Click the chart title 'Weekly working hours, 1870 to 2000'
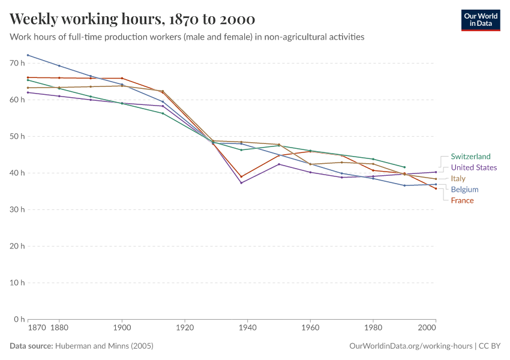[x=132, y=19]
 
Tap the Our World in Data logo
[x=481, y=20]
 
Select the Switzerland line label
[x=470, y=157]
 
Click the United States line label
[x=473, y=167]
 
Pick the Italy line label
[x=458, y=179]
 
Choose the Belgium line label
[x=464, y=190]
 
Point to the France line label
[x=462, y=200]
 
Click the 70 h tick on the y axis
[x=17, y=63]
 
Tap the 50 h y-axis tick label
[x=17, y=136]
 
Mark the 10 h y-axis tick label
[x=17, y=283]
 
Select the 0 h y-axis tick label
[x=19, y=319]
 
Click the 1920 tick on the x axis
[x=185, y=328]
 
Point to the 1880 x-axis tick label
[x=59, y=328]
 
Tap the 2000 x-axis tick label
[x=427, y=328]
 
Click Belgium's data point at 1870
[x=28, y=55]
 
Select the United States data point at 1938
[x=241, y=182]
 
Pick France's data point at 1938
[x=241, y=177]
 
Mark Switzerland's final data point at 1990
[x=404, y=167]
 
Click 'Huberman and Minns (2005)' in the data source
[x=104, y=346]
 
